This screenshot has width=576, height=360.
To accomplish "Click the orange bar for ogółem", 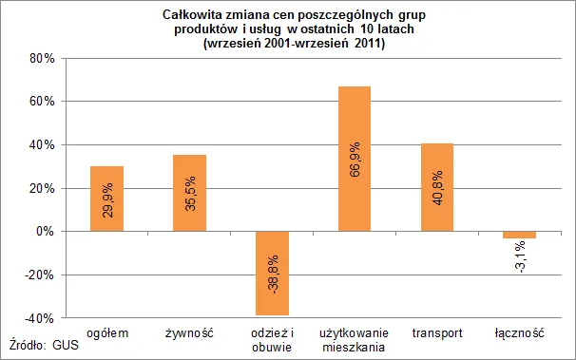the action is click(x=106, y=199).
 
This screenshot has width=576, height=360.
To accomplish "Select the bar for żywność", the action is click(x=189, y=193).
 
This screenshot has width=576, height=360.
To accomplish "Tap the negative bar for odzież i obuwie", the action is click(x=272, y=273).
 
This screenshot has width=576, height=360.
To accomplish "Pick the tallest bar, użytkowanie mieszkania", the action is click(x=355, y=159).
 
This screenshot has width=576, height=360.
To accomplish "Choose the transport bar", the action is click(x=437, y=187).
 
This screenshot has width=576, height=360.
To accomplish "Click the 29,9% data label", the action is click(x=107, y=200).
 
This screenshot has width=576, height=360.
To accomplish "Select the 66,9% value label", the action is click(x=355, y=160).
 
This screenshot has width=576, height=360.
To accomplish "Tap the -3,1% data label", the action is click(x=520, y=257).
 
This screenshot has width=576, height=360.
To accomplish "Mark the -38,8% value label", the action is click(x=273, y=275).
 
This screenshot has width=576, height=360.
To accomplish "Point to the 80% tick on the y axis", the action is click(x=42, y=58).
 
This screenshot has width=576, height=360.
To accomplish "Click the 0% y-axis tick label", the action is click(x=46, y=232).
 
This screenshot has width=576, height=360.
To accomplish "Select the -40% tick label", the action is click(x=39, y=318).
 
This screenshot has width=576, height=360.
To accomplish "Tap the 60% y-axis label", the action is click(x=42, y=102).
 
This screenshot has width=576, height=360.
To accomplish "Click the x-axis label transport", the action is click(x=437, y=333).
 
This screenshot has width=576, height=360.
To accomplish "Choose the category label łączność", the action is click(x=519, y=333).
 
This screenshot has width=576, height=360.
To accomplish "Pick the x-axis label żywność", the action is click(x=189, y=333).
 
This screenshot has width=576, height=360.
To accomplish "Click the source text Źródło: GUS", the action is click(x=44, y=344).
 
